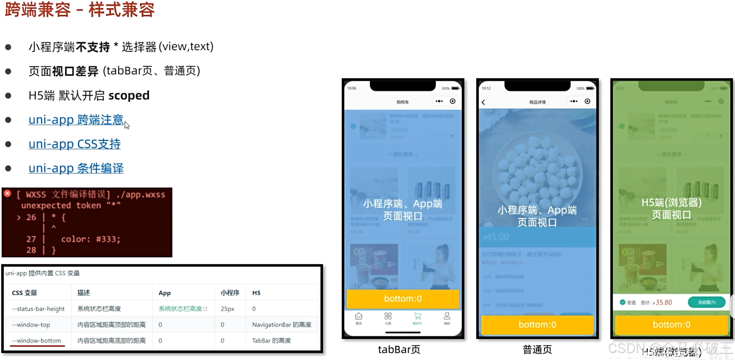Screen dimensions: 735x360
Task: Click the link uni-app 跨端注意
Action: click(x=76, y=120)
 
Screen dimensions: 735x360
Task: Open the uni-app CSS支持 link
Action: click(x=75, y=144)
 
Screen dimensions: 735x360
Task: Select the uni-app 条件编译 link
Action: click(x=76, y=168)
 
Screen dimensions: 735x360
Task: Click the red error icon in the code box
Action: click(x=8, y=194)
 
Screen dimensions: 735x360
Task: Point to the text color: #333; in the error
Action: click(x=91, y=239)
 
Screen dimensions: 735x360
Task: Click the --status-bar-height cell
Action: click(x=38, y=309)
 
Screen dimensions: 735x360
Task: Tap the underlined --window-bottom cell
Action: click(x=36, y=340)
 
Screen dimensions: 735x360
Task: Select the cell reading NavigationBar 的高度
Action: click(x=282, y=325)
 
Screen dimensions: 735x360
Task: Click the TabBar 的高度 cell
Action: click(x=271, y=340)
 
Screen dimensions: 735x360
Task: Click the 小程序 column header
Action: click(x=230, y=293)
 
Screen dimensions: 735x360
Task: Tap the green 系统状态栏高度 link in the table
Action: click(x=180, y=309)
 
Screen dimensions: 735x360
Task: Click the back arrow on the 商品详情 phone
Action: click(x=484, y=102)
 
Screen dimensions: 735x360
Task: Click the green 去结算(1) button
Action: click(x=706, y=302)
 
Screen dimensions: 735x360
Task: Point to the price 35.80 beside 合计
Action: click(x=663, y=302)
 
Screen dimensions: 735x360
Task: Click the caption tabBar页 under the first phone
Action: click(x=399, y=349)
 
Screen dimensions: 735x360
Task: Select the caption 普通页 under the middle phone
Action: click(x=537, y=349)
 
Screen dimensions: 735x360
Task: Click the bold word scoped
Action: click(x=129, y=95)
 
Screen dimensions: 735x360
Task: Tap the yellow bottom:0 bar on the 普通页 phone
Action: click(x=537, y=325)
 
